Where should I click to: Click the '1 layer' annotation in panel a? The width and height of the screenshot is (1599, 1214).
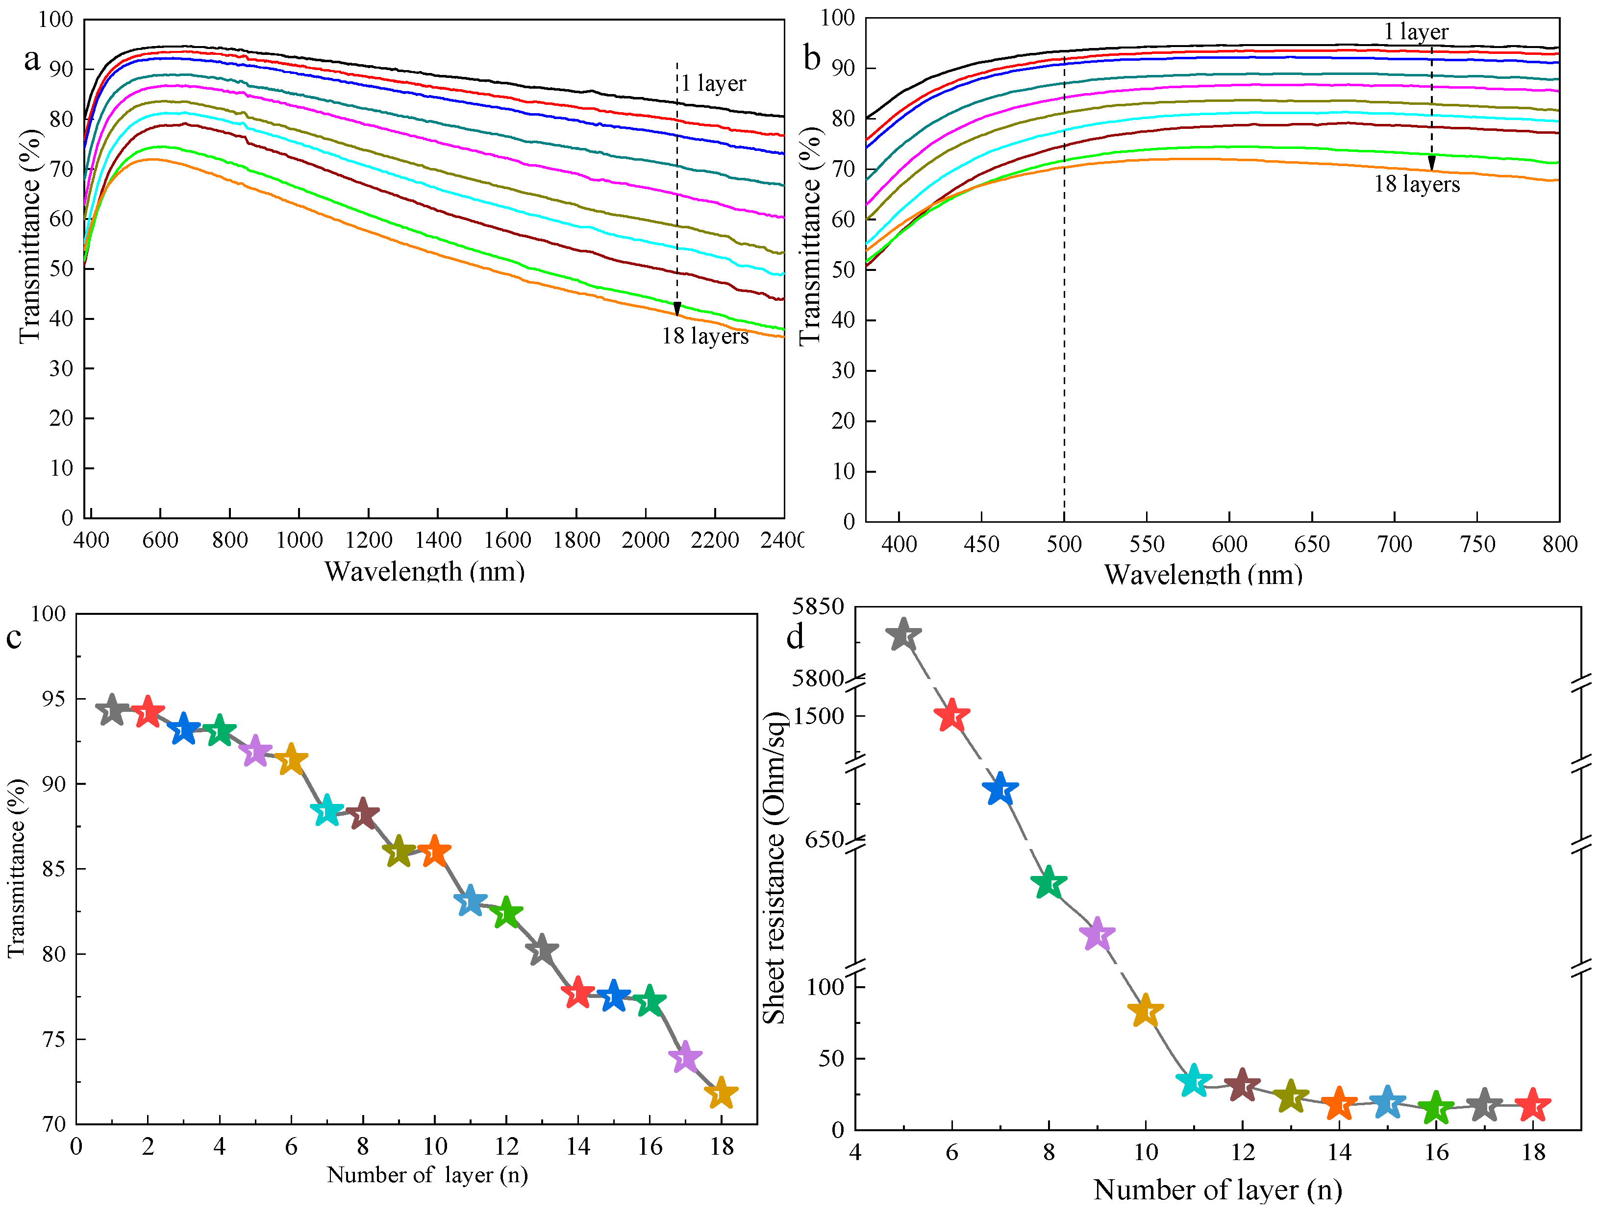pyautogui.click(x=713, y=83)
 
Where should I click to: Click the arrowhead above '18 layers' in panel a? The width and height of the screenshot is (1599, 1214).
pyautogui.click(x=677, y=309)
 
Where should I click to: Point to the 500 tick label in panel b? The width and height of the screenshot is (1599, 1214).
pyautogui.click(x=1064, y=544)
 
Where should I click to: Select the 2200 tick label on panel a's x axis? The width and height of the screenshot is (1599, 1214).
pyautogui.click(x=714, y=540)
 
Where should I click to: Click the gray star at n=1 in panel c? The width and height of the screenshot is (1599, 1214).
pyautogui.click(x=112, y=711)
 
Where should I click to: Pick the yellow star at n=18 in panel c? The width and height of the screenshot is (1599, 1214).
pyautogui.click(x=721, y=1094)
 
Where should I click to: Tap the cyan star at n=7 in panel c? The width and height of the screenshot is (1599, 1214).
pyautogui.click(x=327, y=811)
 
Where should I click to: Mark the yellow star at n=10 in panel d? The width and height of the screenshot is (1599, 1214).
pyautogui.click(x=1145, y=1012)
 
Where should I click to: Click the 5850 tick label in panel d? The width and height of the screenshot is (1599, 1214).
pyautogui.click(x=818, y=607)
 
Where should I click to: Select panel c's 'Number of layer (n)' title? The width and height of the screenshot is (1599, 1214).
pyautogui.click(x=427, y=1175)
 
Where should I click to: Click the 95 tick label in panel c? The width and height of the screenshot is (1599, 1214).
pyautogui.click(x=53, y=699)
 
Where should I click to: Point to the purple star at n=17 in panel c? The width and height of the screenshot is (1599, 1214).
pyautogui.click(x=685, y=1058)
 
